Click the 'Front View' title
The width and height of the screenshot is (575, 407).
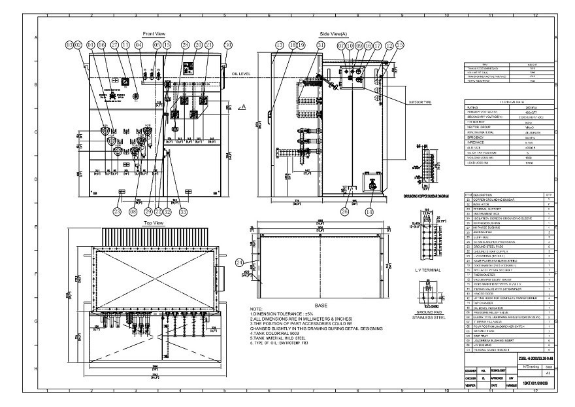coord(154,33)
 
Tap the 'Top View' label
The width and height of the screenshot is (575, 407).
coord(154,223)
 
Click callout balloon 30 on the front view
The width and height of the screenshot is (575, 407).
coord(228,44)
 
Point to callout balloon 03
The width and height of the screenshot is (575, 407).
coord(69,44)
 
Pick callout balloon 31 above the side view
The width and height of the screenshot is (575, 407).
coord(320,44)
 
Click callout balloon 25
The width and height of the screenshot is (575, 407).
coord(400,44)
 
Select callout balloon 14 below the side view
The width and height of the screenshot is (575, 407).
coord(369,211)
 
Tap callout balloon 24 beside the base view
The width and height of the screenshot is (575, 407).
coord(239,262)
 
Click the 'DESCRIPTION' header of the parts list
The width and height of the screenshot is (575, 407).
coord(484,195)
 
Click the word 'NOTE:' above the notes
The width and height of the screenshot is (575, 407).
coord(258,308)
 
